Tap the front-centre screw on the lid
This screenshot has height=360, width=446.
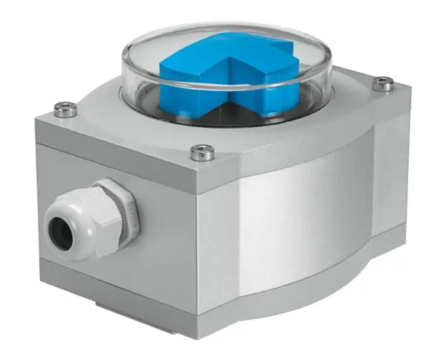[x=201, y=152]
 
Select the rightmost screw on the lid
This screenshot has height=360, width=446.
[x=383, y=83]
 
